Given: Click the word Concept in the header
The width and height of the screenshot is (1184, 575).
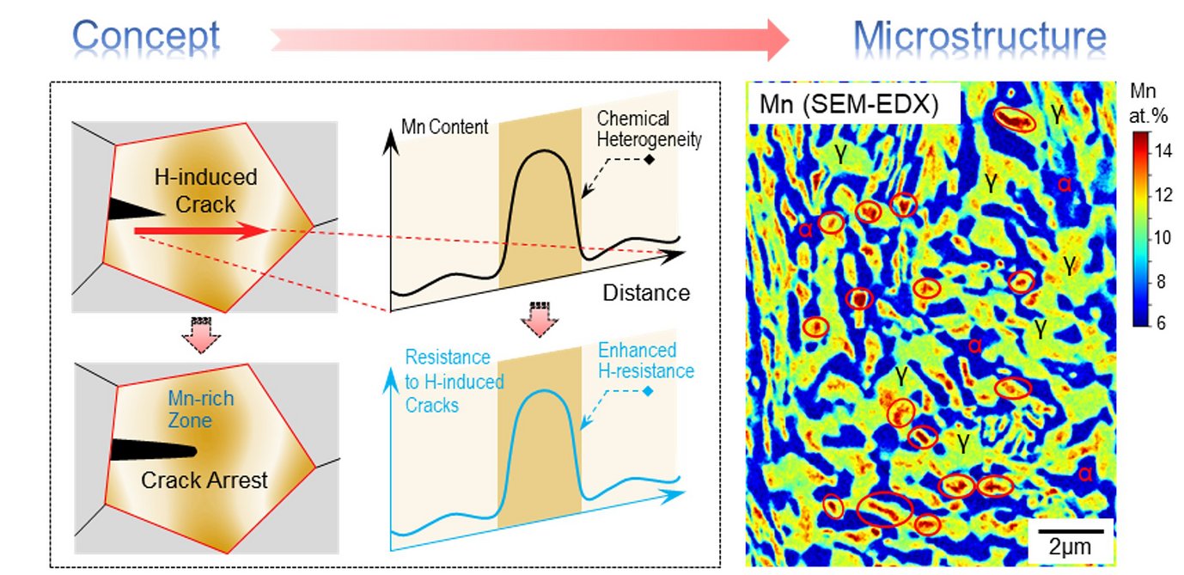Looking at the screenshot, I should pyautogui.click(x=146, y=36).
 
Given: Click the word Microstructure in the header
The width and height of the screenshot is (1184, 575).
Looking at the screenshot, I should pyautogui.click(x=980, y=36).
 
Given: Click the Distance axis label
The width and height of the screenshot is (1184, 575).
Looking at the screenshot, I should pyautogui.click(x=645, y=292).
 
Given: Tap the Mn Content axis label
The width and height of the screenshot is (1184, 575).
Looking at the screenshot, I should pyautogui.click(x=444, y=128).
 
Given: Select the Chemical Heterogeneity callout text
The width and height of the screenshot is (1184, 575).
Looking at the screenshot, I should pyautogui.click(x=646, y=127).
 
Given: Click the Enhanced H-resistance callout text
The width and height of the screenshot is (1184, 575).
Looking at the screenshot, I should pyautogui.click(x=645, y=361).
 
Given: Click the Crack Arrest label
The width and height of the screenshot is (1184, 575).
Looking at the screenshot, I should pyautogui.click(x=204, y=480).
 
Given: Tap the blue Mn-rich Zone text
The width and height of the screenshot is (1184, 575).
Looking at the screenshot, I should pyautogui.click(x=200, y=409).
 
